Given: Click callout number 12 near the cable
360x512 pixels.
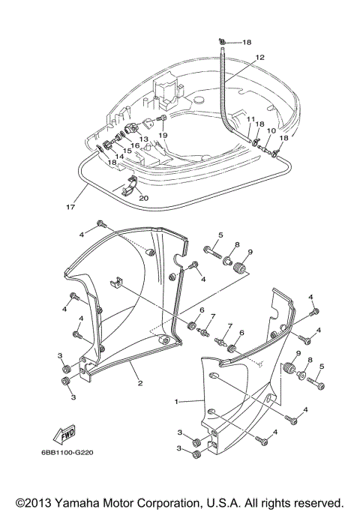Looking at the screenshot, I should click(259, 57).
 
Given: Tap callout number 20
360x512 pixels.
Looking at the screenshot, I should click(144, 198).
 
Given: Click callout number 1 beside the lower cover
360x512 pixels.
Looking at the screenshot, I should click(177, 402).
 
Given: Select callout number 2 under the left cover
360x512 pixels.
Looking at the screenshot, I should click(139, 382).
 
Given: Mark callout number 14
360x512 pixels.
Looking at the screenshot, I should click(119, 157).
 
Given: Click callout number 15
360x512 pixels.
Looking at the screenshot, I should click(127, 151).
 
